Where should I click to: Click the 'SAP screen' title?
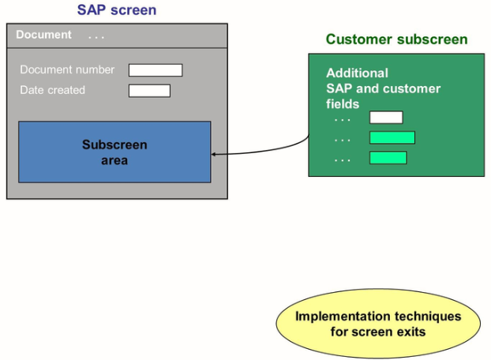pyautogui.click(x=116, y=10)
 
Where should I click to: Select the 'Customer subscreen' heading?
pyautogui.click(x=396, y=39)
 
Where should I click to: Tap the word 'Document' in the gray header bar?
pyautogui.click(x=43, y=35)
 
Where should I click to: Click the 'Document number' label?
pyautogui.click(x=67, y=69)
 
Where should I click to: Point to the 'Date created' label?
pyautogui.click(x=52, y=90)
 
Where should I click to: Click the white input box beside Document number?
pyautogui.click(x=156, y=70)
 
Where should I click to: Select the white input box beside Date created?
pyautogui.click(x=149, y=91)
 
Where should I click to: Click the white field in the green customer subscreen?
pyautogui.click(x=386, y=118)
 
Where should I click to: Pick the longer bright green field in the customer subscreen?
pyautogui.click(x=392, y=137)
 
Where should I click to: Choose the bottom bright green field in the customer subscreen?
pyautogui.click(x=388, y=158)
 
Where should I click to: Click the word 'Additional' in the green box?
pyautogui.click(x=357, y=73)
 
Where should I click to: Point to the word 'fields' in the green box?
pyautogui.click(x=343, y=103)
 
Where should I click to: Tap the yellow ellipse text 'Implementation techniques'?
pyautogui.click(x=378, y=317)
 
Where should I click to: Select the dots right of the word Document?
pyautogui.click(x=96, y=36)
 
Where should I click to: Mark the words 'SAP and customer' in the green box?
pyautogui.click(x=383, y=88)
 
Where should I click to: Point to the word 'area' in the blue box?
pyautogui.click(x=114, y=160)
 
